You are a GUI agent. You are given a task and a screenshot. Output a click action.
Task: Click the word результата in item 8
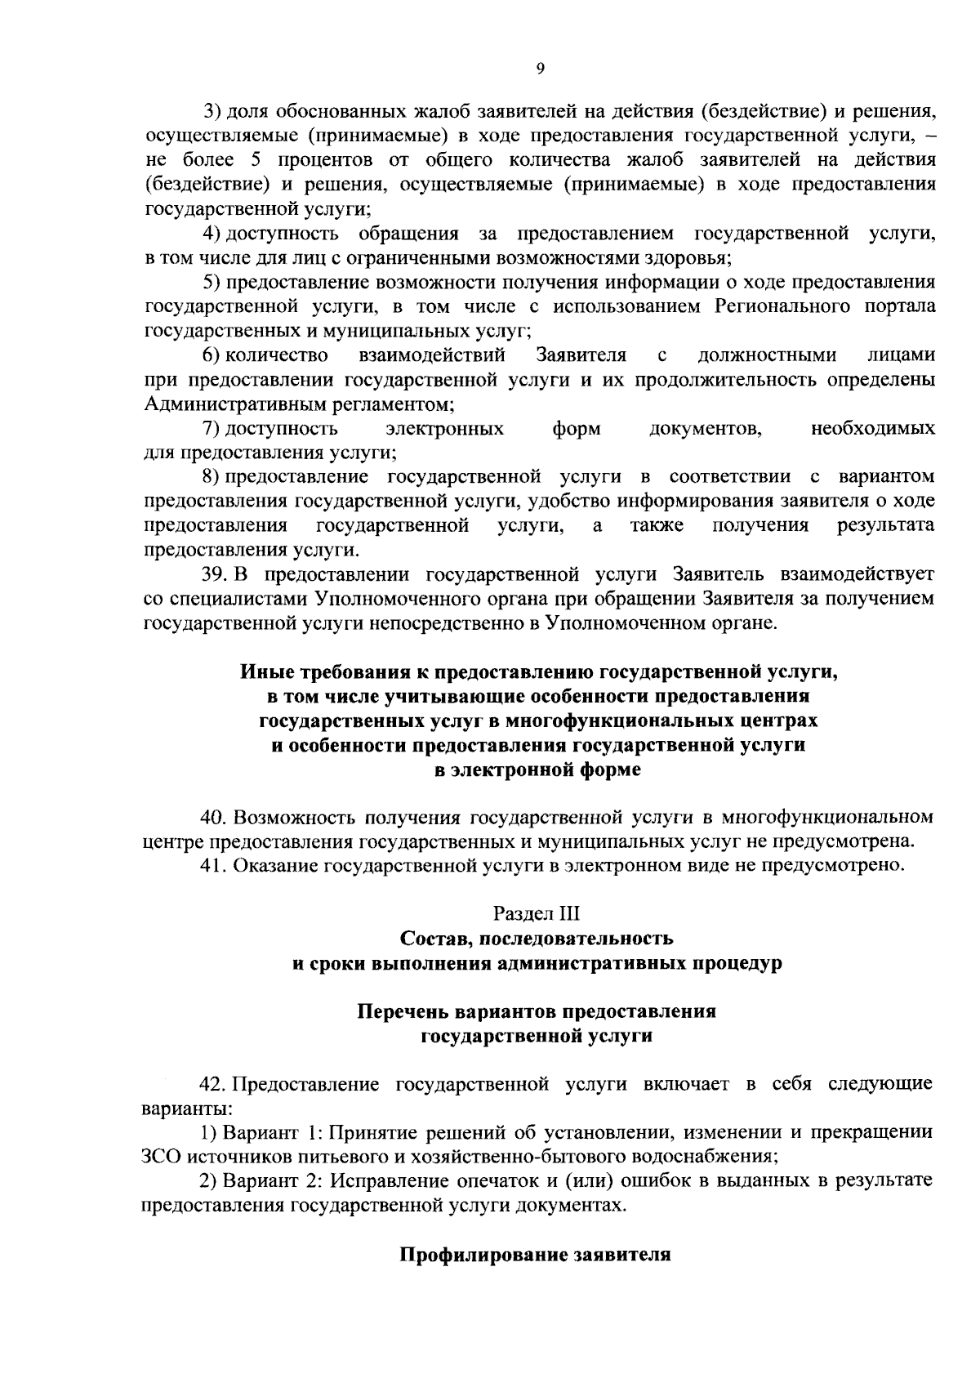pyautogui.click(x=886, y=524)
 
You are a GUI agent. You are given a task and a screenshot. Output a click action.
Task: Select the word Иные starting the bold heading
pyautogui.click(x=261, y=671)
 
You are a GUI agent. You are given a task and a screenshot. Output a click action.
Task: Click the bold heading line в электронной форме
pyautogui.click(x=537, y=770)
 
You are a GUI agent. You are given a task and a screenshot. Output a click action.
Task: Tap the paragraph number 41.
pyautogui.click(x=214, y=865)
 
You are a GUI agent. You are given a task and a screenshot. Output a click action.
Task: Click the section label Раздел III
pyautogui.click(x=537, y=913)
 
